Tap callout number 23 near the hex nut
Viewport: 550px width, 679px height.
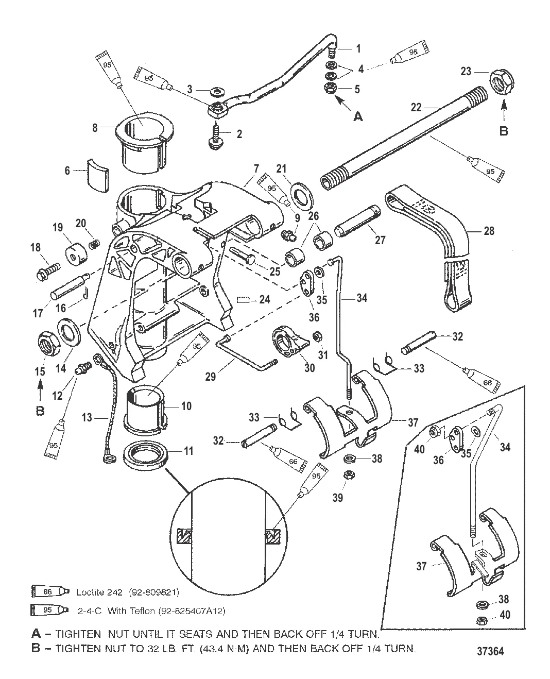466,71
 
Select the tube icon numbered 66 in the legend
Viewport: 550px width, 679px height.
47,592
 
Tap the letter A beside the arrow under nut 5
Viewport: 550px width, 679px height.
357,117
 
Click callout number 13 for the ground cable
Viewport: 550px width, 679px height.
87,418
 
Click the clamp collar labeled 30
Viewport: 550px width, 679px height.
287,342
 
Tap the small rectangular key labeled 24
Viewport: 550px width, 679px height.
244,299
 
